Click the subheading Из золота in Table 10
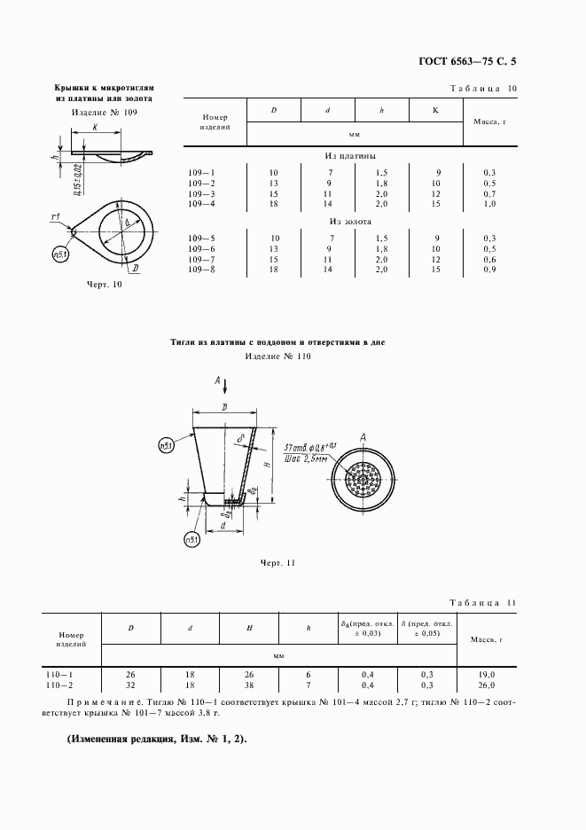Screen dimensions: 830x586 coord(349,221)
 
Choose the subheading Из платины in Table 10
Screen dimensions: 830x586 coord(349,155)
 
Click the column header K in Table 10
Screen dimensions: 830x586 coord(435,110)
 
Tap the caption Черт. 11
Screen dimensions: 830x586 coord(277,563)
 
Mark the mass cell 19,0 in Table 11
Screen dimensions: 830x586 coord(487,675)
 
